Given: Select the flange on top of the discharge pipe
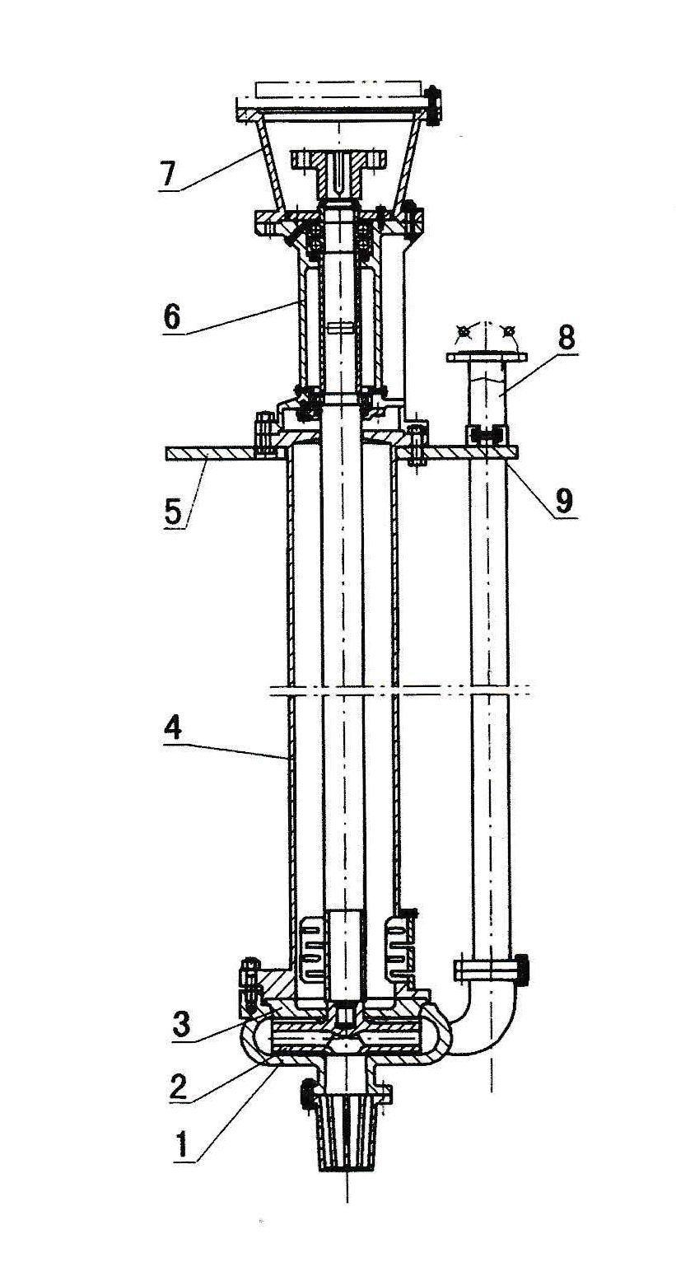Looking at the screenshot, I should (486, 357).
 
